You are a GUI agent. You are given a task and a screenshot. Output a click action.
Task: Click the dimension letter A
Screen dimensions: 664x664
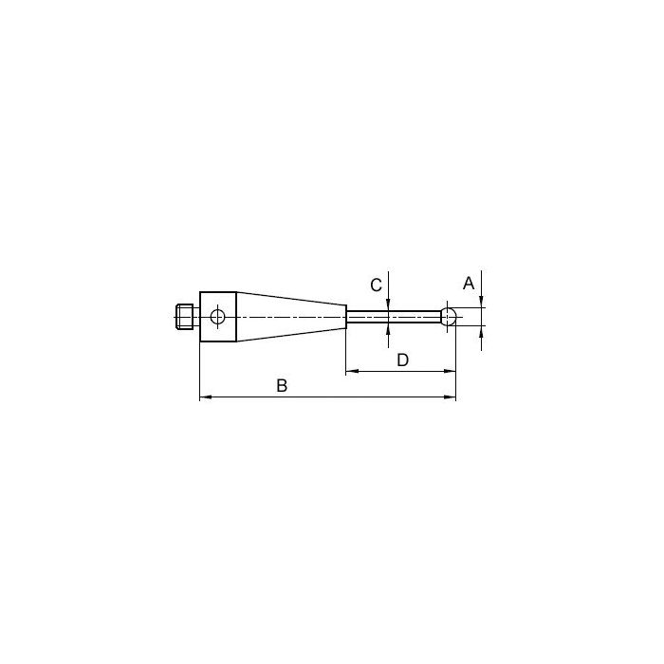(x=469, y=283)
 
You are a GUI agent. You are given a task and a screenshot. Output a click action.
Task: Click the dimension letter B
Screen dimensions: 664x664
(x=282, y=386)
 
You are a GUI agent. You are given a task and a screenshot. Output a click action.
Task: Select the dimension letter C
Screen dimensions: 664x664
(x=376, y=285)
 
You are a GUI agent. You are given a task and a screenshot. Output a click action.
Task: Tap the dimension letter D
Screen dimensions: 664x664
(x=403, y=360)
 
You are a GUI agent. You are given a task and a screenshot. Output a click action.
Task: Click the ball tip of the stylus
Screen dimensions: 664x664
(x=449, y=317)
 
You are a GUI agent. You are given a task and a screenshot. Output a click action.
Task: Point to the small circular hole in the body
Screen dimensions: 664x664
(x=217, y=316)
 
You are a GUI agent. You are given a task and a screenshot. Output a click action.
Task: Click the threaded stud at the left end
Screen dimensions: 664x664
(x=184, y=317)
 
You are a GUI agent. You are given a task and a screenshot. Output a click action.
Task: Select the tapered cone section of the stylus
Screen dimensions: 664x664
(x=291, y=317)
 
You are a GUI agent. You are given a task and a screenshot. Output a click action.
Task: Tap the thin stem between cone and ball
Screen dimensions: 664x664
(x=395, y=317)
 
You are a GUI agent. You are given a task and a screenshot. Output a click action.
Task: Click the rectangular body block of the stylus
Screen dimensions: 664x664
(x=217, y=317)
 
